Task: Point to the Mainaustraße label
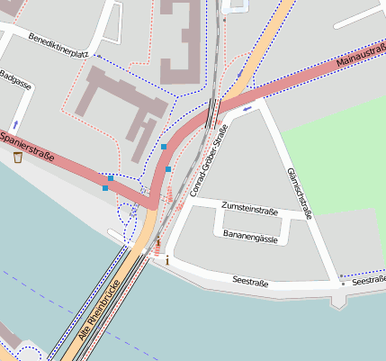pos(360,56)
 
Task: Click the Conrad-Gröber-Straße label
pos(210,162)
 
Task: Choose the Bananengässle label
pos(249,234)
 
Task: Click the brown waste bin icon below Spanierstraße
pos(18,158)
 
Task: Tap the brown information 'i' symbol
pos(166,260)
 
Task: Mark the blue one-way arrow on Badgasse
pos(14,123)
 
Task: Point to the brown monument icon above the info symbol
pos(159,245)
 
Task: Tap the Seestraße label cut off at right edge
pos(370,281)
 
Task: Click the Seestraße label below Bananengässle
pos(250,282)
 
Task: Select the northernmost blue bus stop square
pos(164,146)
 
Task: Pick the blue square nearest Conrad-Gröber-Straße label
pos(168,168)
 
